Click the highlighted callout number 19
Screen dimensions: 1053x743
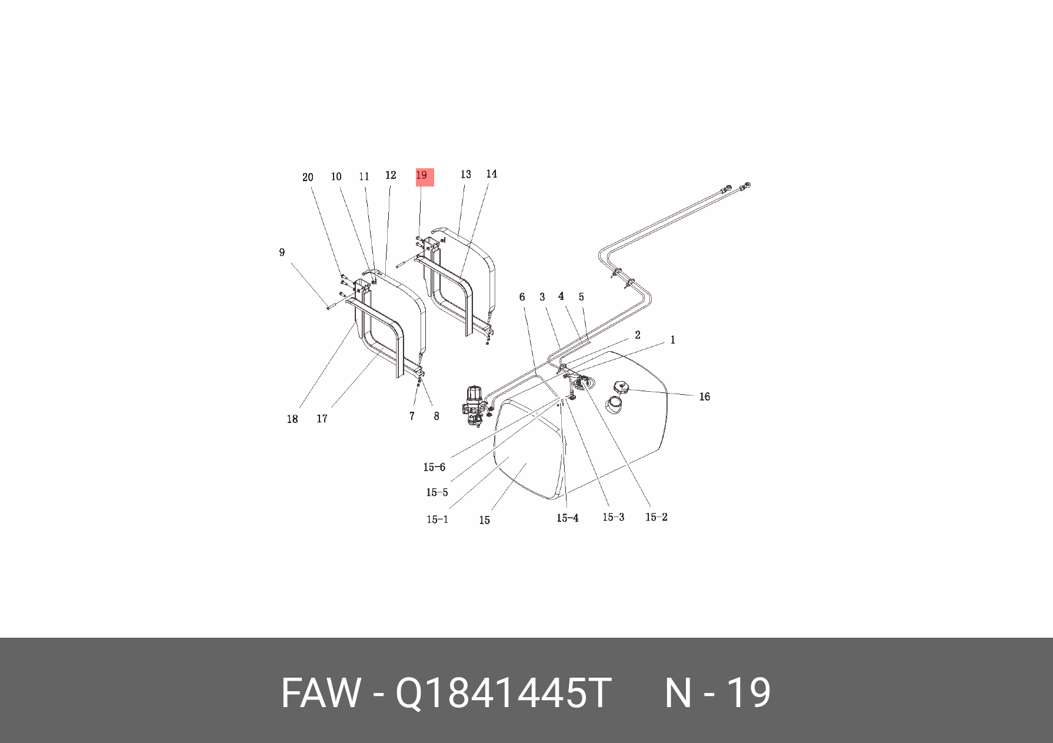pos(422,175)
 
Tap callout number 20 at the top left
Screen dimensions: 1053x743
pos(308,177)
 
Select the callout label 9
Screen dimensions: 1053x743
pos(282,252)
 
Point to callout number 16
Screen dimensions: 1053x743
pos(704,397)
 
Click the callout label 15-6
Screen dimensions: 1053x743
pos(434,467)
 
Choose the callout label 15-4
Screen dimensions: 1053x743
pos(567,518)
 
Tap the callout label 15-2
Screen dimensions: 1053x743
pos(656,517)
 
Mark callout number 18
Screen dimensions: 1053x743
pos(292,419)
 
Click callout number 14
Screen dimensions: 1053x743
pos(491,174)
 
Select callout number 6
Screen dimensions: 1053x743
pos(522,297)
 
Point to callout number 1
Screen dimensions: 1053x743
pos(672,340)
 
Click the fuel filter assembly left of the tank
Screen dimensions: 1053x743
pos(474,406)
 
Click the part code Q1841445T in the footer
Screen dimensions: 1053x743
pos(503,693)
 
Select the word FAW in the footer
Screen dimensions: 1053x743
pos(320,693)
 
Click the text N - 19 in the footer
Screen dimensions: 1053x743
pos(717,693)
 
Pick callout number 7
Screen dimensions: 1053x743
pos(412,416)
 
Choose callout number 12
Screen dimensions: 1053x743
pos(391,175)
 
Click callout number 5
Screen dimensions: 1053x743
pos(581,297)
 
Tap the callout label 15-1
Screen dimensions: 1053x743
pos(437,519)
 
